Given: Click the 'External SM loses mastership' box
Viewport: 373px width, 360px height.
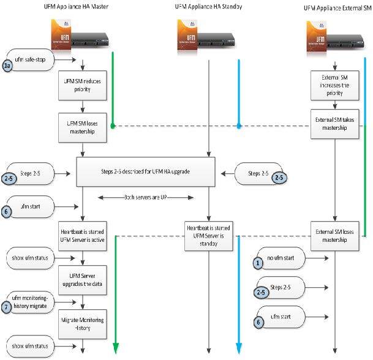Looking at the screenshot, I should pyautogui.click(x=335, y=236).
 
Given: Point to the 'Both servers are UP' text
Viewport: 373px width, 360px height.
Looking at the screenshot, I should pyautogui.click(x=146, y=197).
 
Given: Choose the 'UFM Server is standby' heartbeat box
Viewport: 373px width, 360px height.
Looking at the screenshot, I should pyautogui.click(x=209, y=236).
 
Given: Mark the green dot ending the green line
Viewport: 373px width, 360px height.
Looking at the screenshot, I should pyautogui.click(x=113, y=126).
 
